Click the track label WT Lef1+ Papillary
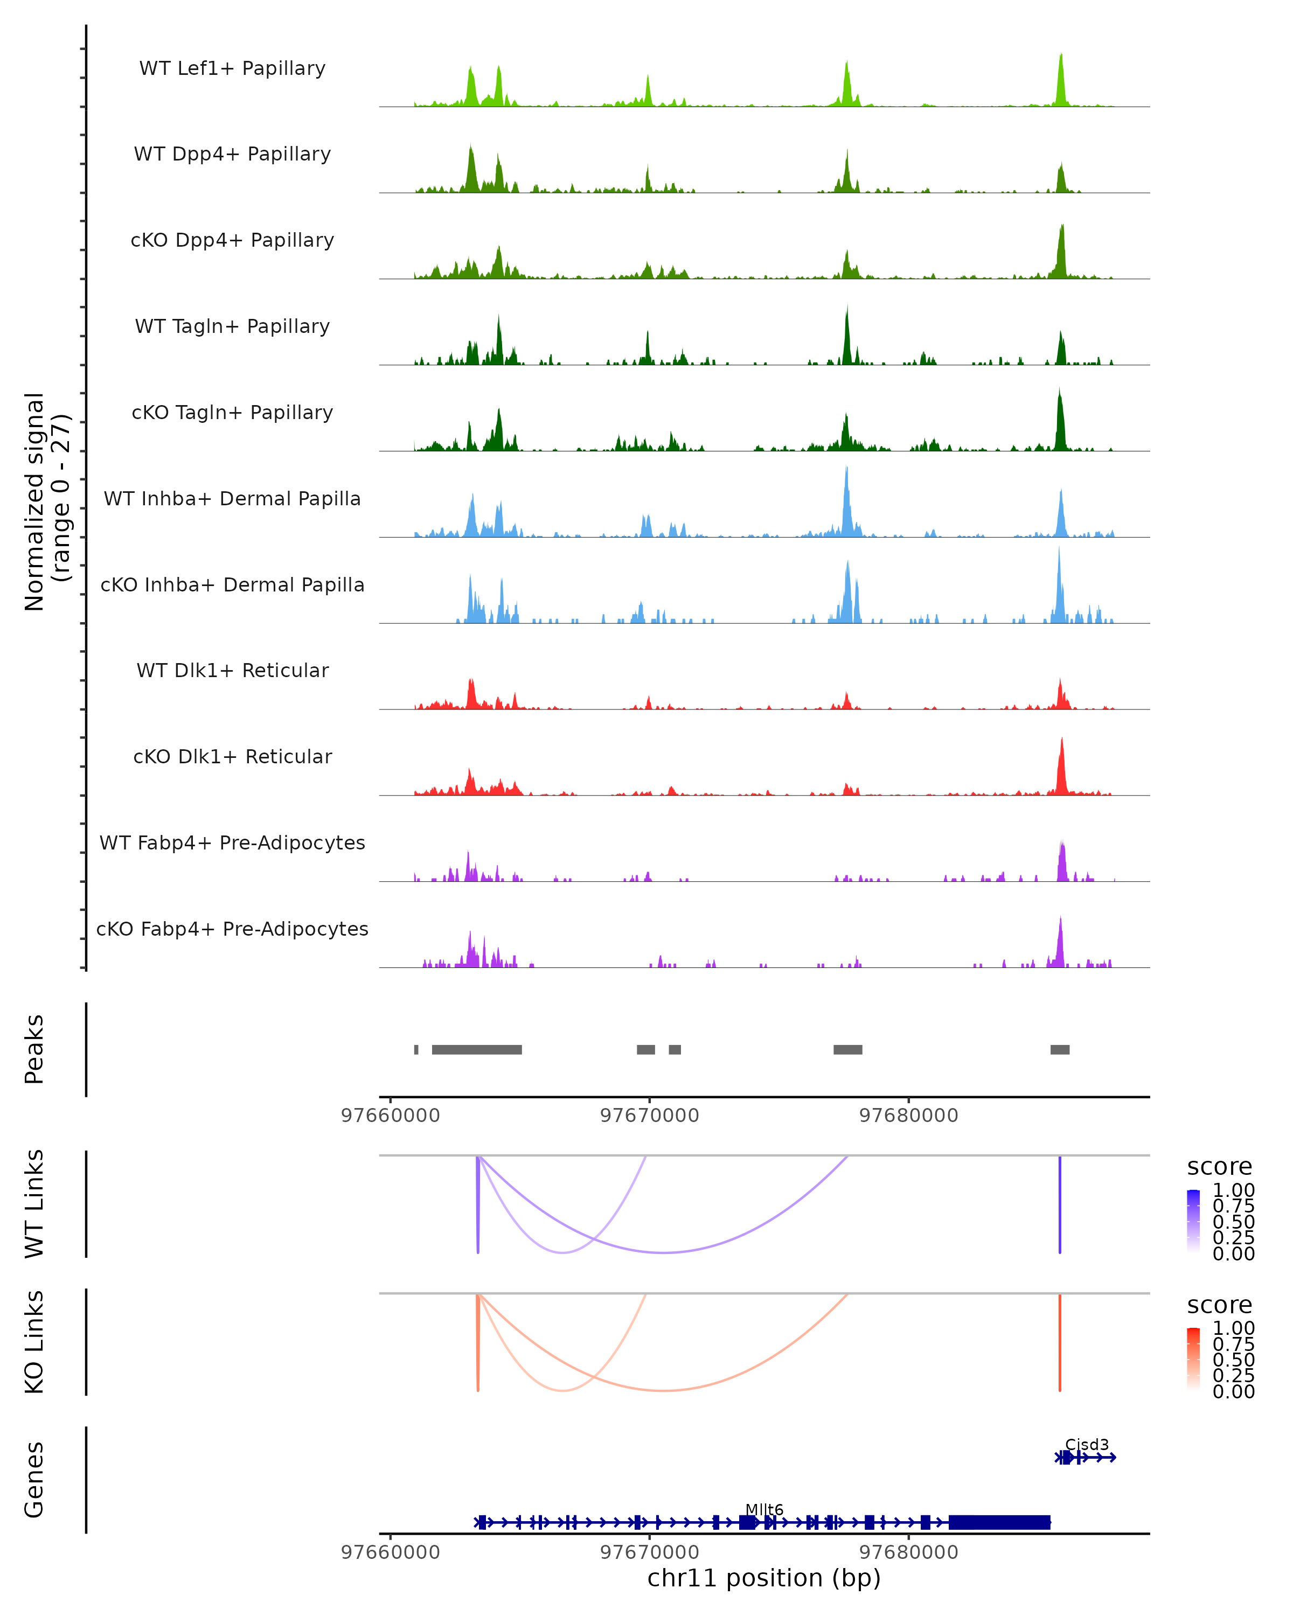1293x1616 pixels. [232, 68]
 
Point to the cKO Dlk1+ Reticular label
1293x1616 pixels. [232, 756]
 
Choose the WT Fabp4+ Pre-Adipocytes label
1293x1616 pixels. [232, 842]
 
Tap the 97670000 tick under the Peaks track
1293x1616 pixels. [649, 1116]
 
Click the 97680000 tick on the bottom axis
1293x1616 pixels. [908, 1552]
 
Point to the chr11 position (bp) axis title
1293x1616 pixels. [764, 1578]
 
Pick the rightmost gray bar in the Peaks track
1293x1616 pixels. [1059, 1049]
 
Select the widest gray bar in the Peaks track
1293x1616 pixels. [477, 1049]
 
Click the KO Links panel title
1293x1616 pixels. [34, 1342]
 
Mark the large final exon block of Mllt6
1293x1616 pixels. [999, 1522]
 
